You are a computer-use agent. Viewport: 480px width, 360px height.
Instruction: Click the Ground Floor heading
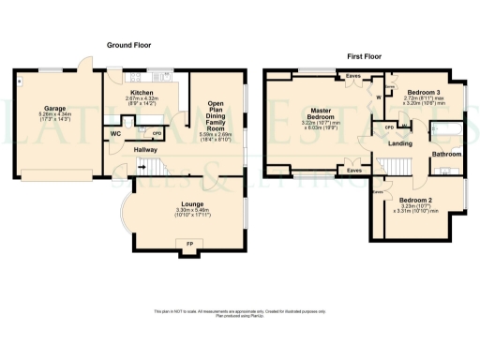coord(129,45)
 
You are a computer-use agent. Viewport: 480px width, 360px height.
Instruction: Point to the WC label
coord(115,134)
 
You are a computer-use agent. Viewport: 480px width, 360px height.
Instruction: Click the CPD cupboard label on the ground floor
coord(157,134)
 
